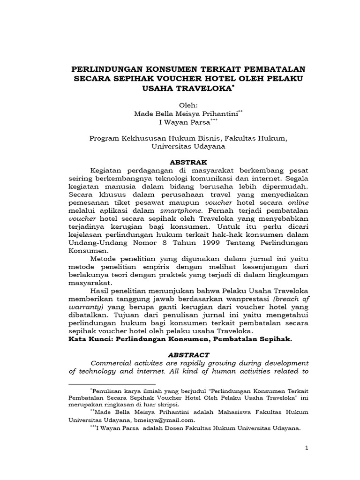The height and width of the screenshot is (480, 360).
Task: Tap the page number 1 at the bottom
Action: click(307, 448)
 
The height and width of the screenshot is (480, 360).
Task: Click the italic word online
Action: click(297, 202)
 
